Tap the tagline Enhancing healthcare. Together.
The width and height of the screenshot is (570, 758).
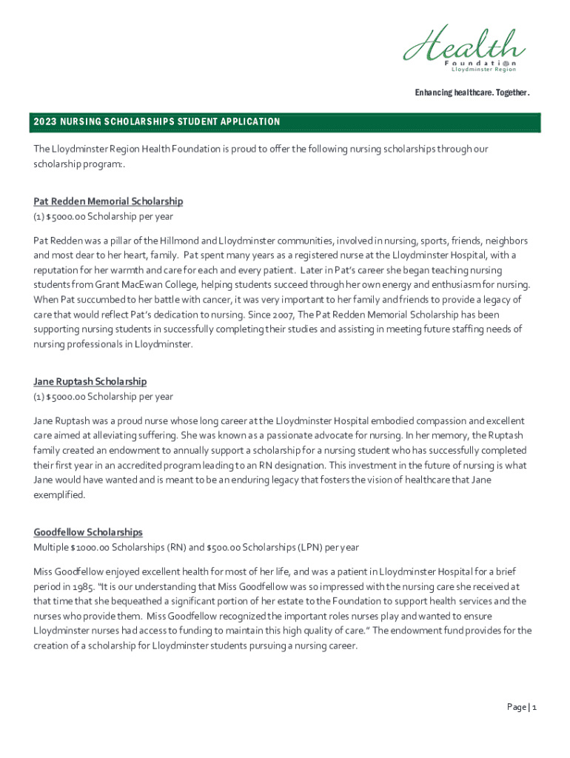coord(472,93)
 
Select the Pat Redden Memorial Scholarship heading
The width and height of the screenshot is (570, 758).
coord(108,201)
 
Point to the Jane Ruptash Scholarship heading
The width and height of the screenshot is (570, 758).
coord(90,381)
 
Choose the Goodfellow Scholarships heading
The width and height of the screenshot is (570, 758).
coord(87,532)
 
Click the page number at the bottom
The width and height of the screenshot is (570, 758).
coord(521,707)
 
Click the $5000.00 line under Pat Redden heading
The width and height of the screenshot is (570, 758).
coord(103,217)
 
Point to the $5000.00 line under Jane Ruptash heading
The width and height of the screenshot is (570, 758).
coord(103,397)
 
